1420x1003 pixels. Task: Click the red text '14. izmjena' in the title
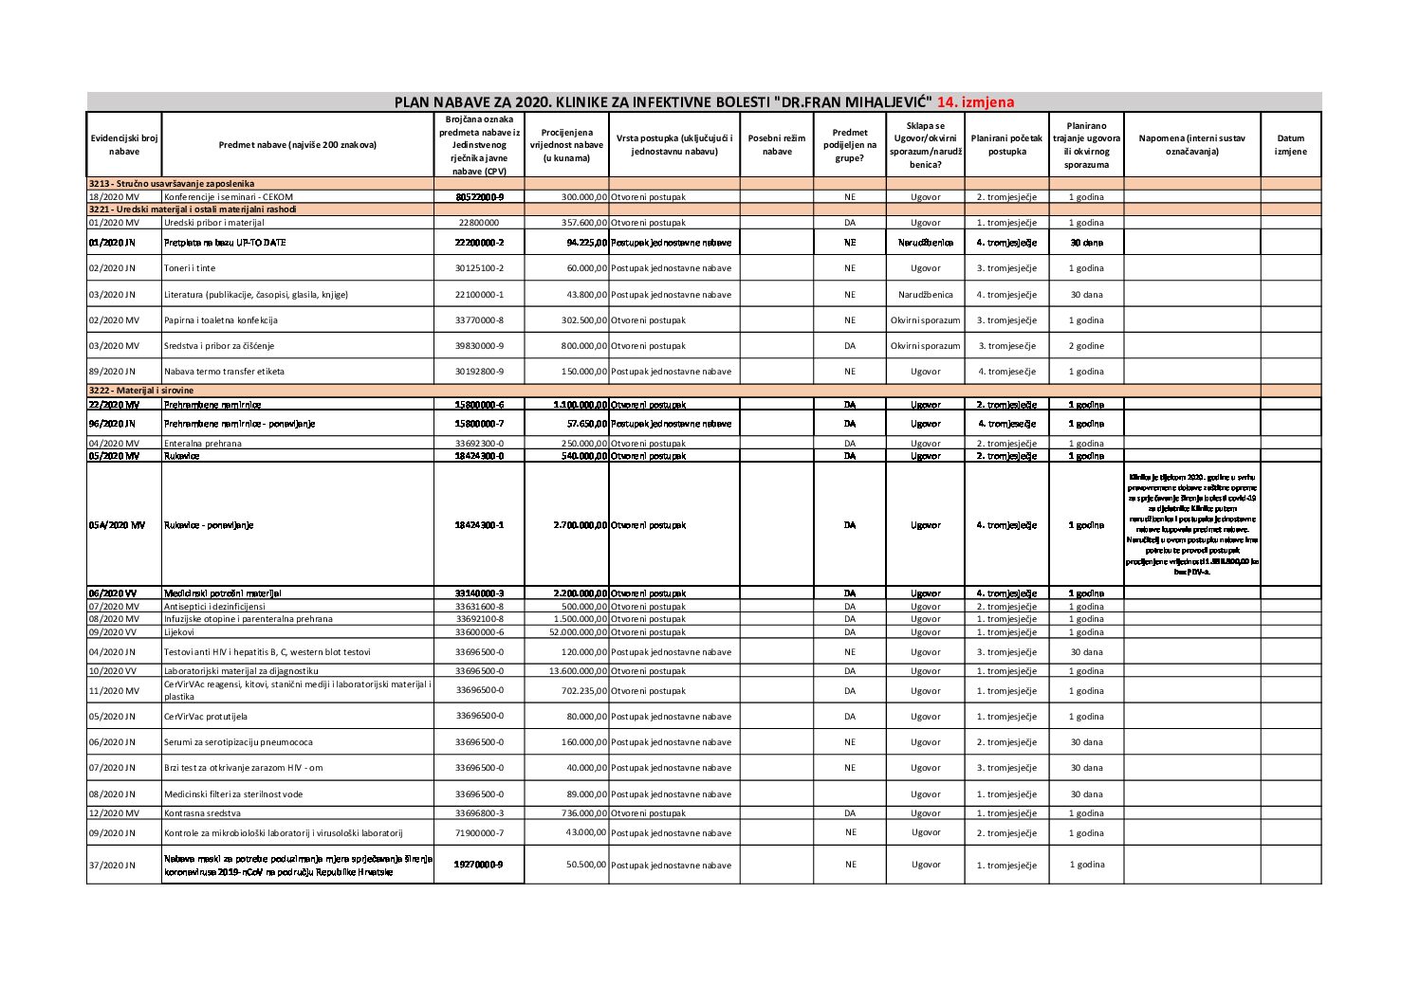[x=975, y=102]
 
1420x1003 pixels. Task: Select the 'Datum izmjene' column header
[x=1290, y=144]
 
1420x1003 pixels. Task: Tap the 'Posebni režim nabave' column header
[x=776, y=144]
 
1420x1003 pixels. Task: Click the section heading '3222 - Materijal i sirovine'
[x=141, y=391]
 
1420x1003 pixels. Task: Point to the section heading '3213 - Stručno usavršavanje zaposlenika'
[x=171, y=183]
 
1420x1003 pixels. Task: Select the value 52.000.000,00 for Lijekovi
[x=567, y=632]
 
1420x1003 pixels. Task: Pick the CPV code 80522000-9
[x=479, y=196]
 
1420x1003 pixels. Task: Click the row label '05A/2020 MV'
[x=117, y=525]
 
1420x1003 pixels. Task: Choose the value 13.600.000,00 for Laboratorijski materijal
[x=567, y=671]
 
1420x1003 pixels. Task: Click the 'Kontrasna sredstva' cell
[x=202, y=813]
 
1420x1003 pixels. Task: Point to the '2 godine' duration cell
[x=1086, y=346]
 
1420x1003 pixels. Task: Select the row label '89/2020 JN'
[x=113, y=372]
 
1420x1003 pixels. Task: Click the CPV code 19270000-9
[x=479, y=865]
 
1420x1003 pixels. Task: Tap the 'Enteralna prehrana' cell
[x=203, y=444]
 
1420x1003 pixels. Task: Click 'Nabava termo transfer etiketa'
[x=224, y=372]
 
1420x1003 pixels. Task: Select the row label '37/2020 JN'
[x=113, y=865]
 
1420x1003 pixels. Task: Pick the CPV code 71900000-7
[x=479, y=833]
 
